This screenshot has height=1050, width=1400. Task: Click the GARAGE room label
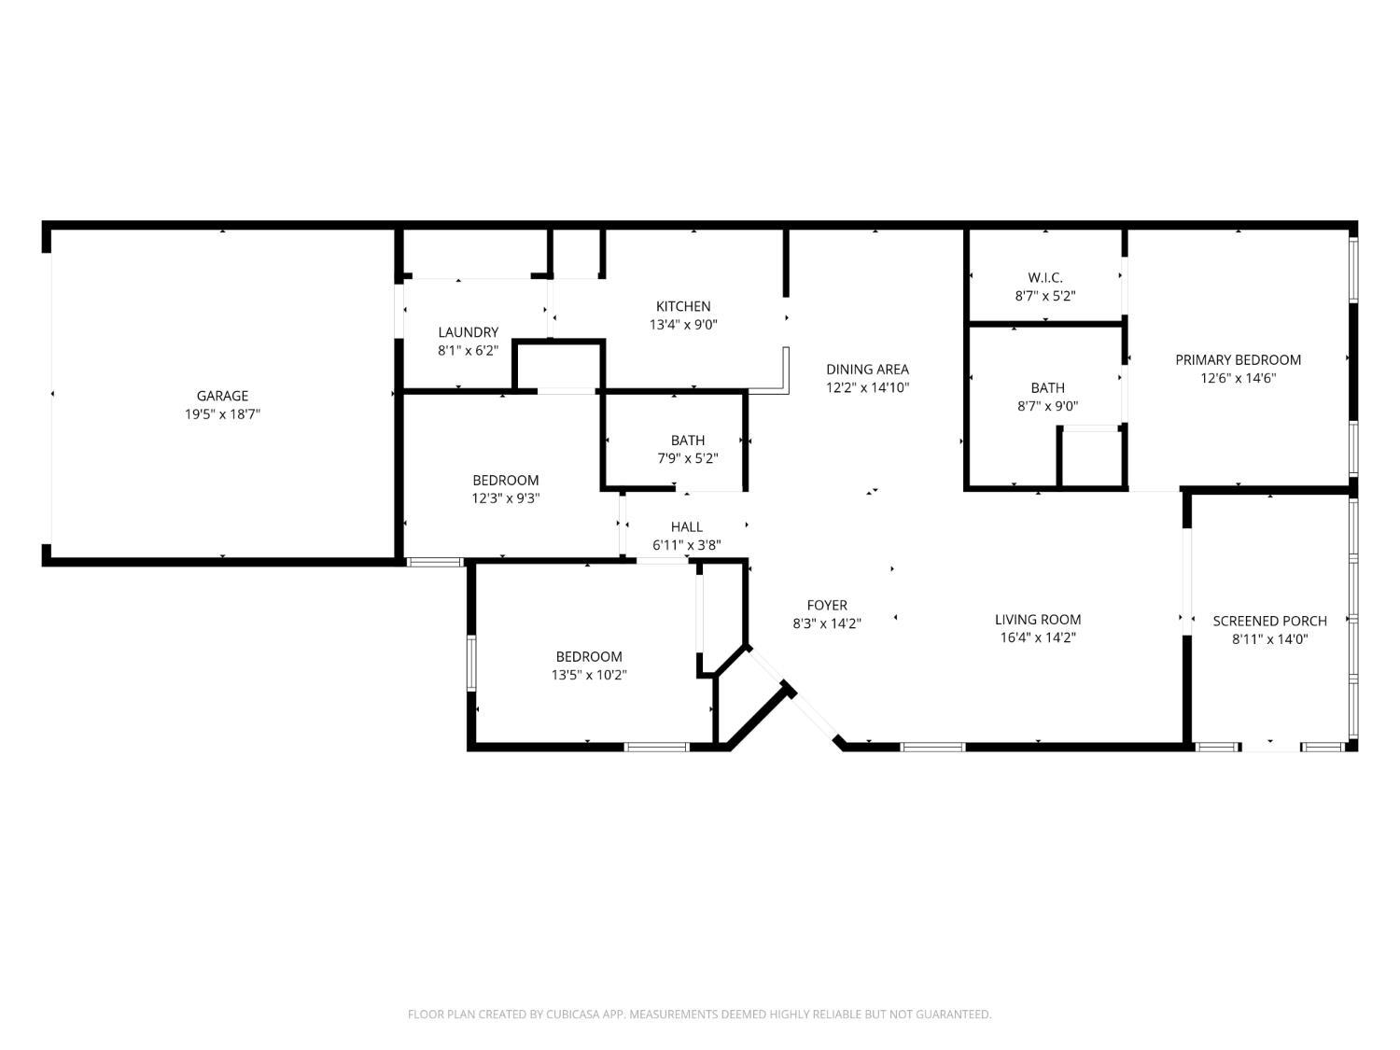[222, 396]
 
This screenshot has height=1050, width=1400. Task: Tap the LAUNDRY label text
[469, 332]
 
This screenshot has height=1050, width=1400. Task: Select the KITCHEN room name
[683, 306]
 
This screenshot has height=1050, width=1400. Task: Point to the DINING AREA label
[867, 369]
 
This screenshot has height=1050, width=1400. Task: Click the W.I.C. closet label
[1045, 277]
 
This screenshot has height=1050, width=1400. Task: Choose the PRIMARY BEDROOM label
[1238, 359]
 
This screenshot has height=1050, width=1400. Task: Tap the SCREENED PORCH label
[1270, 621]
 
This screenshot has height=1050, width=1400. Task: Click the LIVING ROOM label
[1038, 619]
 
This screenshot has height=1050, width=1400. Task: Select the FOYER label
[827, 605]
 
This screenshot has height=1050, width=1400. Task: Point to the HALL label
[686, 526]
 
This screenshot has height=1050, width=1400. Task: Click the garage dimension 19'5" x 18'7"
[222, 414]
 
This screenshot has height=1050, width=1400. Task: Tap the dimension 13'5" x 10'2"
[589, 675]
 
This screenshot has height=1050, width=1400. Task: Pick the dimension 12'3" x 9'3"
[506, 497]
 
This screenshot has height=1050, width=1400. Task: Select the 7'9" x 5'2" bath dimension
[688, 458]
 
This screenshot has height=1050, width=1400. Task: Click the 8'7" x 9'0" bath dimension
[1047, 405]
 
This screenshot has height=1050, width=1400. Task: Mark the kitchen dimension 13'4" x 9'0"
[683, 325]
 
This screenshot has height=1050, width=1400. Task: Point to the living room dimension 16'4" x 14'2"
[1038, 637]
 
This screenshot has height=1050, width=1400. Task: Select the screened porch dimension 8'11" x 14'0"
[1270, 639]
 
